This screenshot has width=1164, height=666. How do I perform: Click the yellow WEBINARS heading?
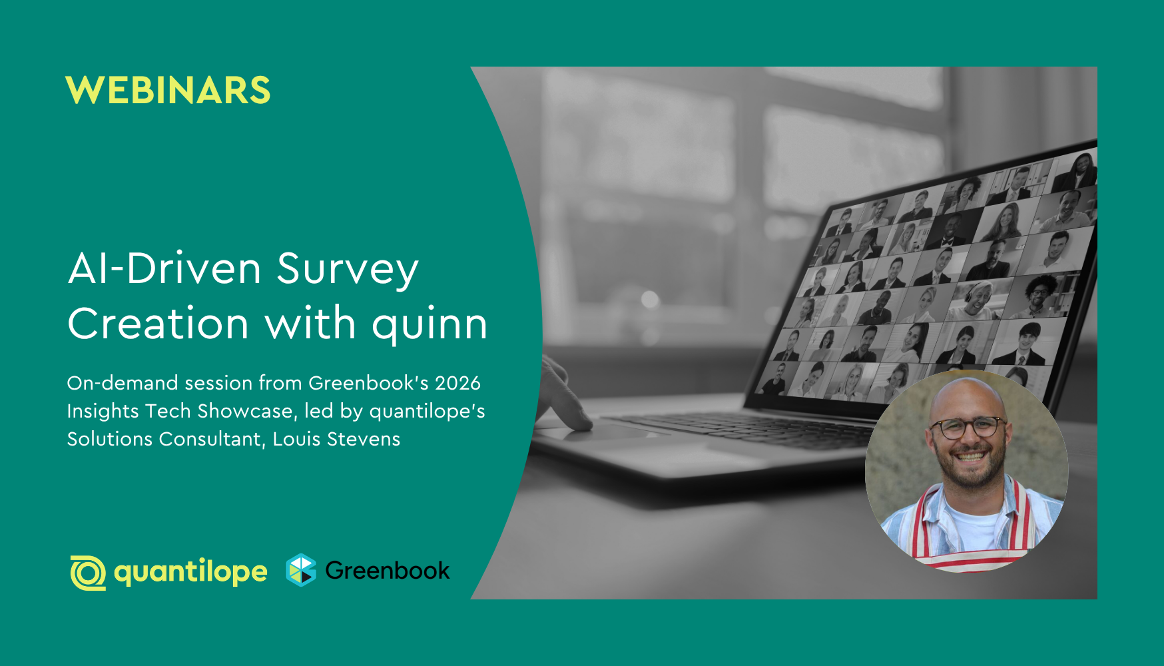[x=168, y=90]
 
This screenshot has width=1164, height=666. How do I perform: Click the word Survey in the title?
[x=348, y=270]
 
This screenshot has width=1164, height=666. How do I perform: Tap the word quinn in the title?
[x=430, y=324]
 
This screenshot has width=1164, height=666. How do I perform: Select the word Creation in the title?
[x=158, y=324]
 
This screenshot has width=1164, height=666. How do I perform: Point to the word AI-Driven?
[x=164, y=268]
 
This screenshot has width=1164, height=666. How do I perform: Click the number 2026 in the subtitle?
[x=457, y=383]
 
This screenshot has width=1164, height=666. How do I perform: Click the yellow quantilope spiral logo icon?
[x=88, y=572]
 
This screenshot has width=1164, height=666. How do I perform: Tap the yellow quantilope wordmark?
[x=190, y=572]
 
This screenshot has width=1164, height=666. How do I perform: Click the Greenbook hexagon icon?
[x=301, y=570]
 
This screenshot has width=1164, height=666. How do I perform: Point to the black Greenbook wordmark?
[x=387, y=571]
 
